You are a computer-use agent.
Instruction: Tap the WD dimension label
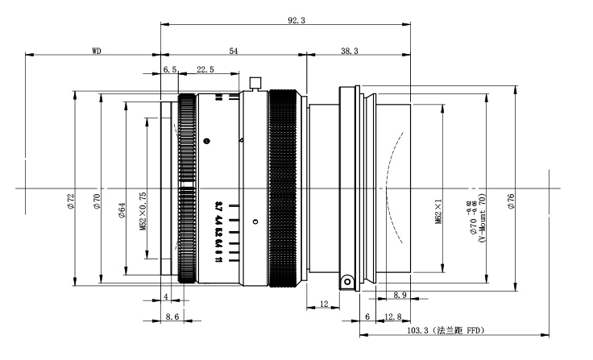click(x=95, y=51)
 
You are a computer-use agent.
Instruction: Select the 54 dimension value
click(x=233, y=51)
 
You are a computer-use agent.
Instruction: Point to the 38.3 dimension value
click(x=349, y=51)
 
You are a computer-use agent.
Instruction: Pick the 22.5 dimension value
click(x=205, y=70)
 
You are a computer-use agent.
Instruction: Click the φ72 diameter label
click(x=71, y=197)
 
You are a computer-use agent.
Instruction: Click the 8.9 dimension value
click(x=400, y=296)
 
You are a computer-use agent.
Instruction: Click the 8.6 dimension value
click(x=172, y=317)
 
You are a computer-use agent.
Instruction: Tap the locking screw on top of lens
click(x=256, y=81)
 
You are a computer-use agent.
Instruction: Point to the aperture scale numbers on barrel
click(x=218, y=230)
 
